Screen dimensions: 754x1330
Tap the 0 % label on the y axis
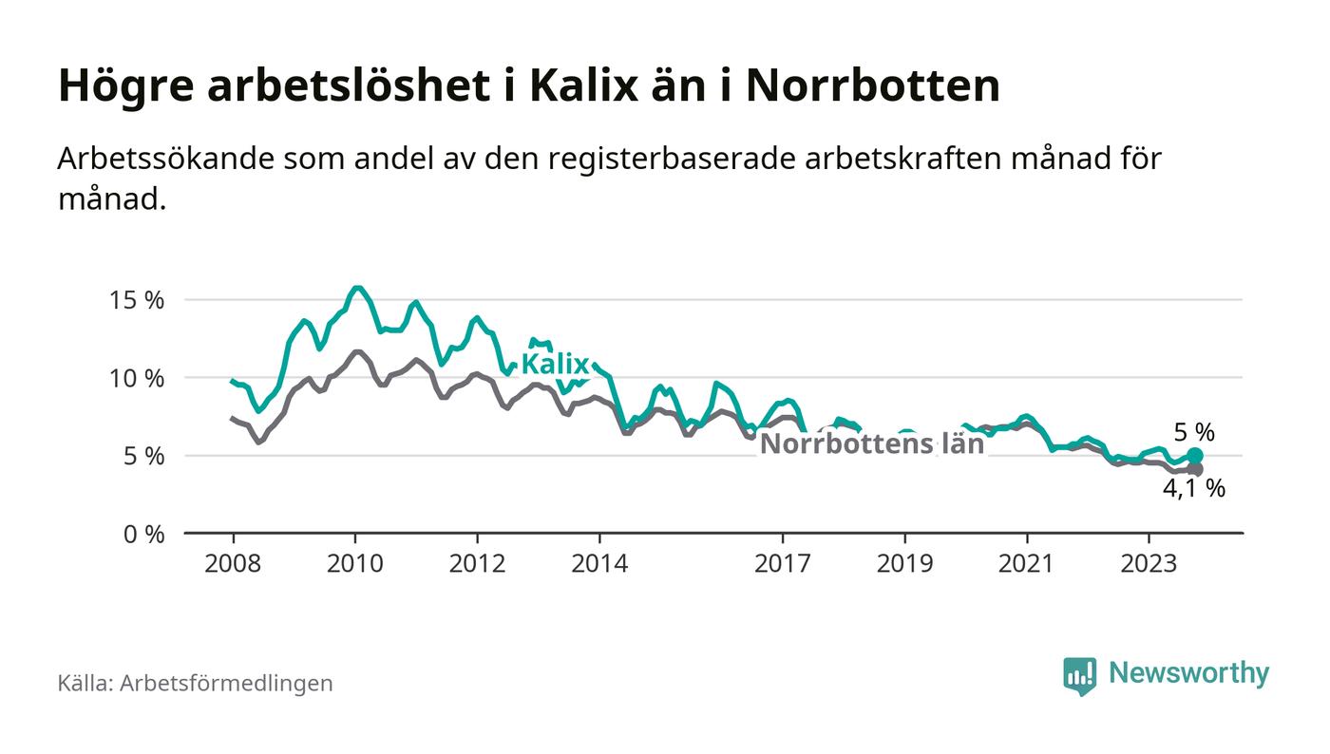[x=143, y=534]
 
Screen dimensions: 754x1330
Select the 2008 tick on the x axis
[x=233, y=563]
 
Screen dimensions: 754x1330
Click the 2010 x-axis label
[x=355, y=563]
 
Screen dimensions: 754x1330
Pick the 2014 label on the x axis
[x=599, y=563]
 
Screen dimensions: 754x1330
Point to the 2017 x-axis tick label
[x=783, y=563]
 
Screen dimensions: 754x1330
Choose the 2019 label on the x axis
[x=905, y=563]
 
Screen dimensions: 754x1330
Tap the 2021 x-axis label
[x=1027, y=563]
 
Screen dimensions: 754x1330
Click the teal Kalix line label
[x=555, y=364]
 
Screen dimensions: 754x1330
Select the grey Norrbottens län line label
[x=872, y=443]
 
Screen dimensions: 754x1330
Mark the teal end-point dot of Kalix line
[x=1195, y=456]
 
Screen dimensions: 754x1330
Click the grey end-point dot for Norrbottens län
[x=1195, y=469]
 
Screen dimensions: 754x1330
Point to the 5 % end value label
[x=1194, y=432]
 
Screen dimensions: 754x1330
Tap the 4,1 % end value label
[x=1194, y=490]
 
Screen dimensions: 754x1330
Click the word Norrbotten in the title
[x=873, y=86]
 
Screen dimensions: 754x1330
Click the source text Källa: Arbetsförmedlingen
[x=196, y=683]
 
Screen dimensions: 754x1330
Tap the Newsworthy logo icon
[x=1079, y=675]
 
